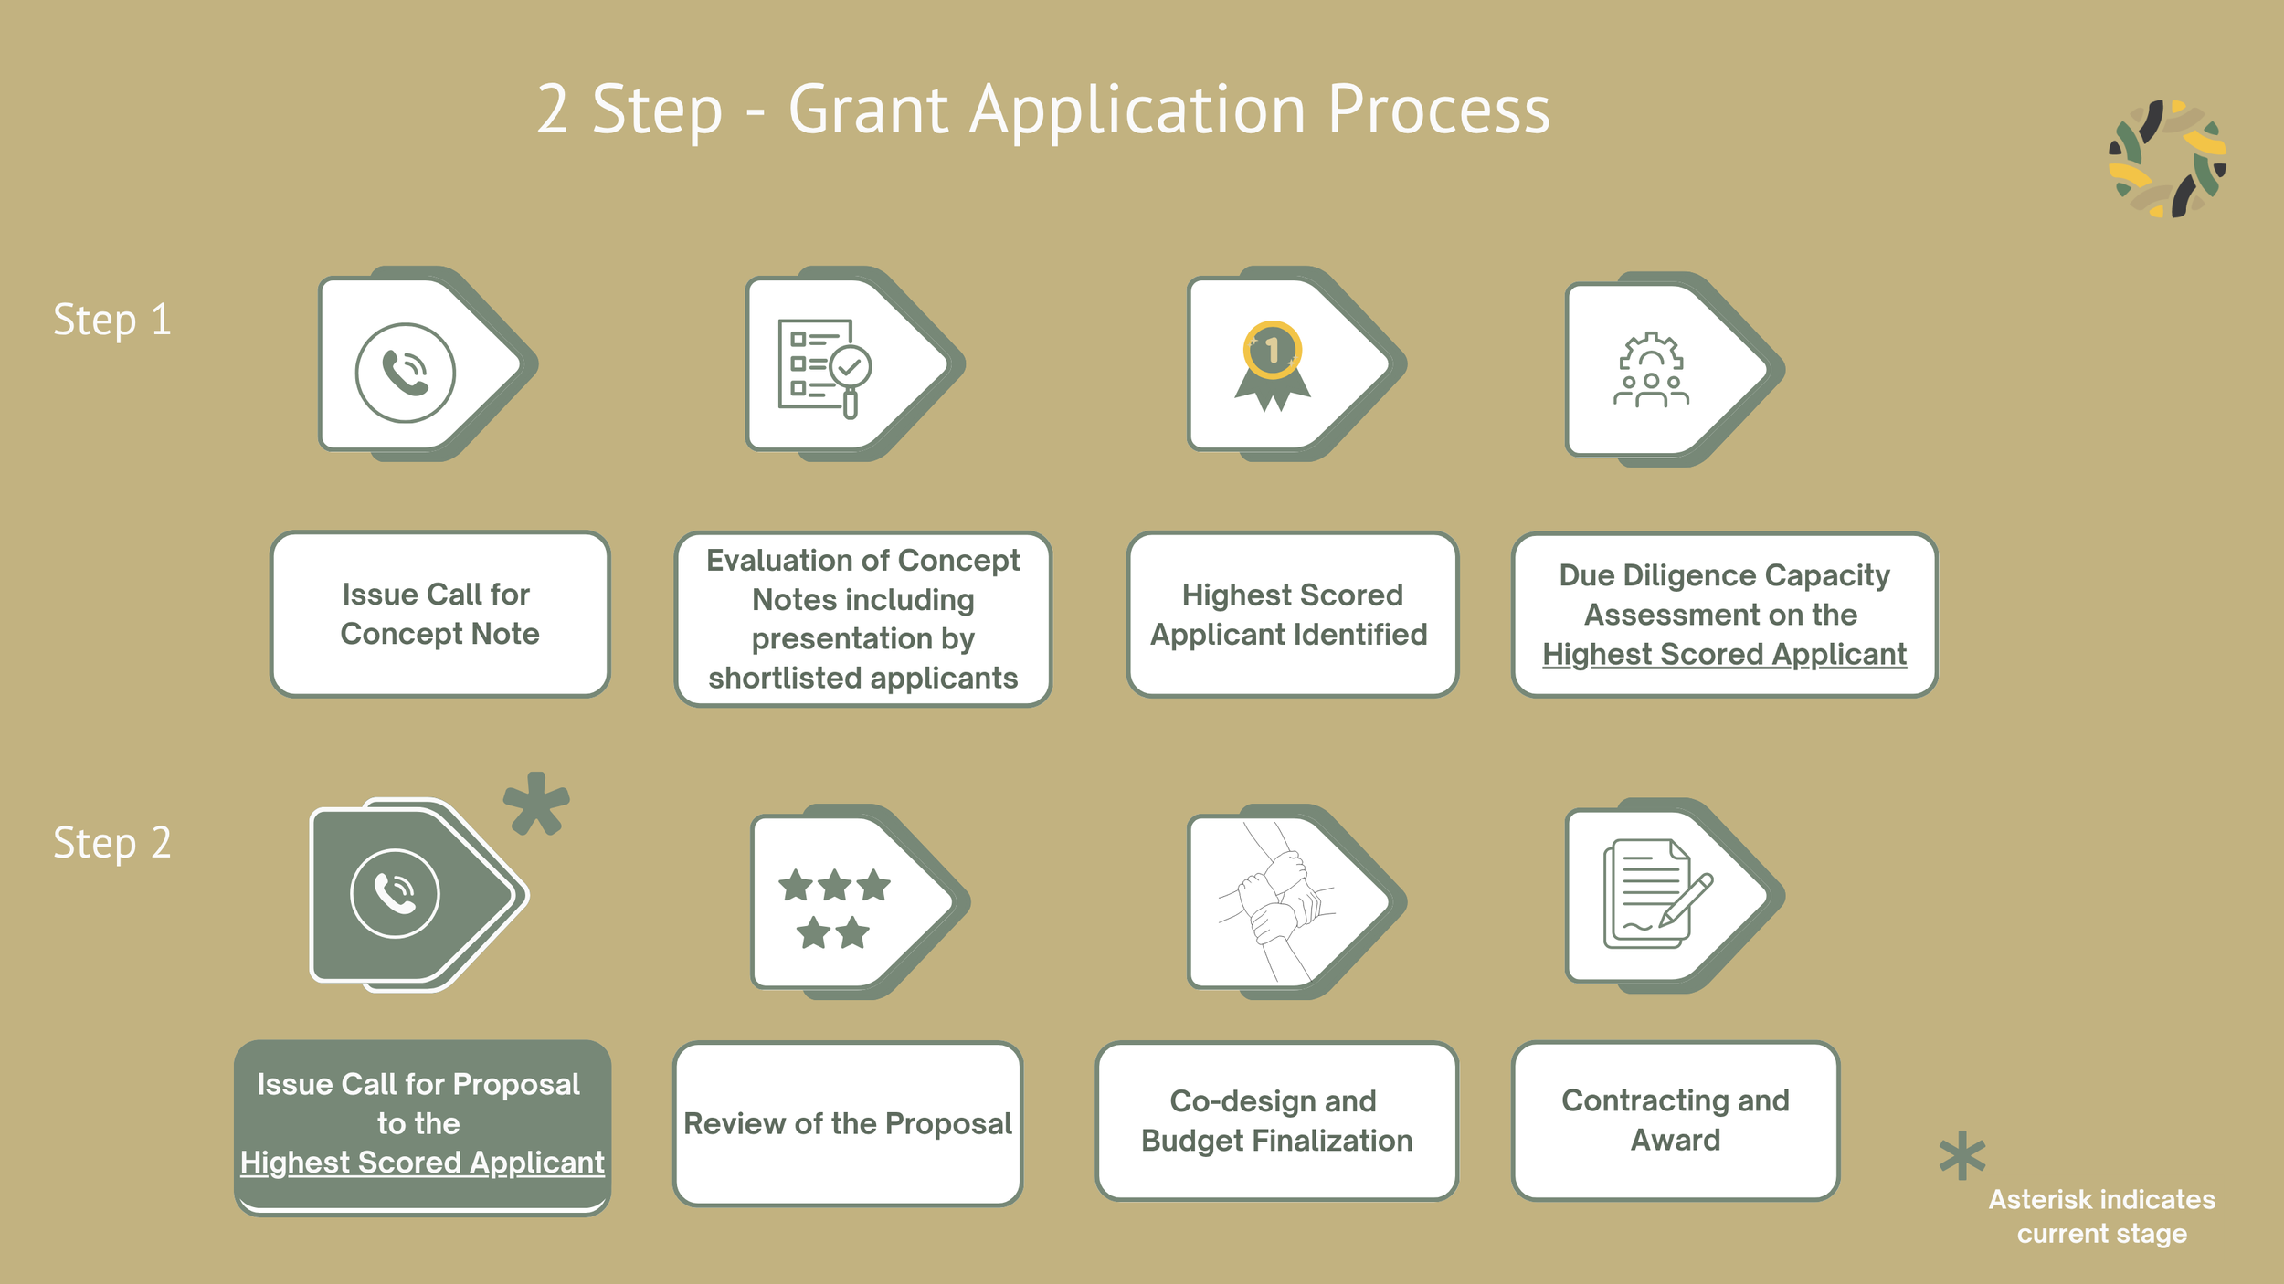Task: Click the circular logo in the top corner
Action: click(2167, 159)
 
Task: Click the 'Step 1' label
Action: click(112, 320)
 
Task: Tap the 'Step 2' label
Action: click(112, 843)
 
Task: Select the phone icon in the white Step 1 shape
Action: click(405, 373)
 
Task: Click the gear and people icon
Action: click(1651, 370)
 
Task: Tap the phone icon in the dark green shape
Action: click(395, 893)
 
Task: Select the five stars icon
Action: click(834, 908)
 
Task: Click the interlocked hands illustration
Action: click(1277, 902)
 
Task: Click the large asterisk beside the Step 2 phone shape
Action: click(536, 804)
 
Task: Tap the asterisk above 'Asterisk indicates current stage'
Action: click(1962, 1155)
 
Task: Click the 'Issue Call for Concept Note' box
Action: click(439, 614)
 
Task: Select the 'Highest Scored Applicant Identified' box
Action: click(1292, 615)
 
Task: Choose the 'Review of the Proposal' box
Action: click(847, 1123)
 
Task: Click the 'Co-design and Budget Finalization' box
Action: click(1276, 1121)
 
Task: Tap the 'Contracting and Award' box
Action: click(1675, 1121)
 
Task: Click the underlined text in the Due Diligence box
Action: click(1724, 654)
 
